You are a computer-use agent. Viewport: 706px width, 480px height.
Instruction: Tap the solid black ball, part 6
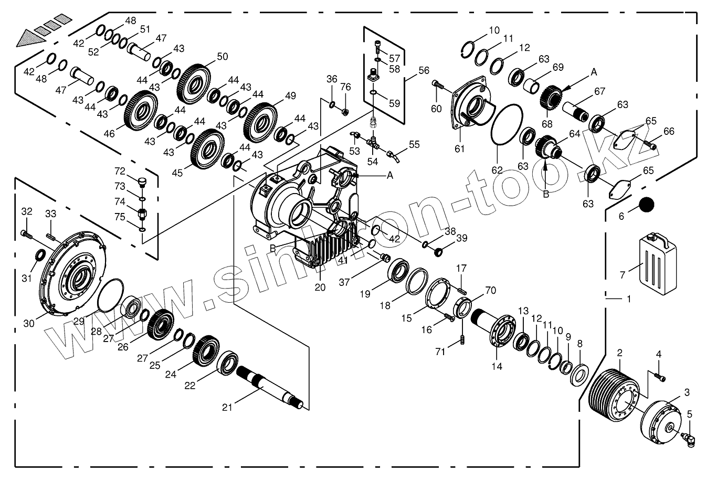[648, 205]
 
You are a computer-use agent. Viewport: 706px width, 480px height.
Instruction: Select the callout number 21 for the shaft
[227, 407]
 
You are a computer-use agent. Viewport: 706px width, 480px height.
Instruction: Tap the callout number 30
[29, 323]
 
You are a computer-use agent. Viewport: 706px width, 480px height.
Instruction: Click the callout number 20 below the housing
[320, 287]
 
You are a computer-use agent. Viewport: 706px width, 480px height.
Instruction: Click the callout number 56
[424, 70]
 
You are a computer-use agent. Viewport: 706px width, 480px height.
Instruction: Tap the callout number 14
[497, 366]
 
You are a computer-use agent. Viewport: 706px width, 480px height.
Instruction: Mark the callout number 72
[120, 171]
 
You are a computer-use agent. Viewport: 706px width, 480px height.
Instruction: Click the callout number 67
[599, 91]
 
